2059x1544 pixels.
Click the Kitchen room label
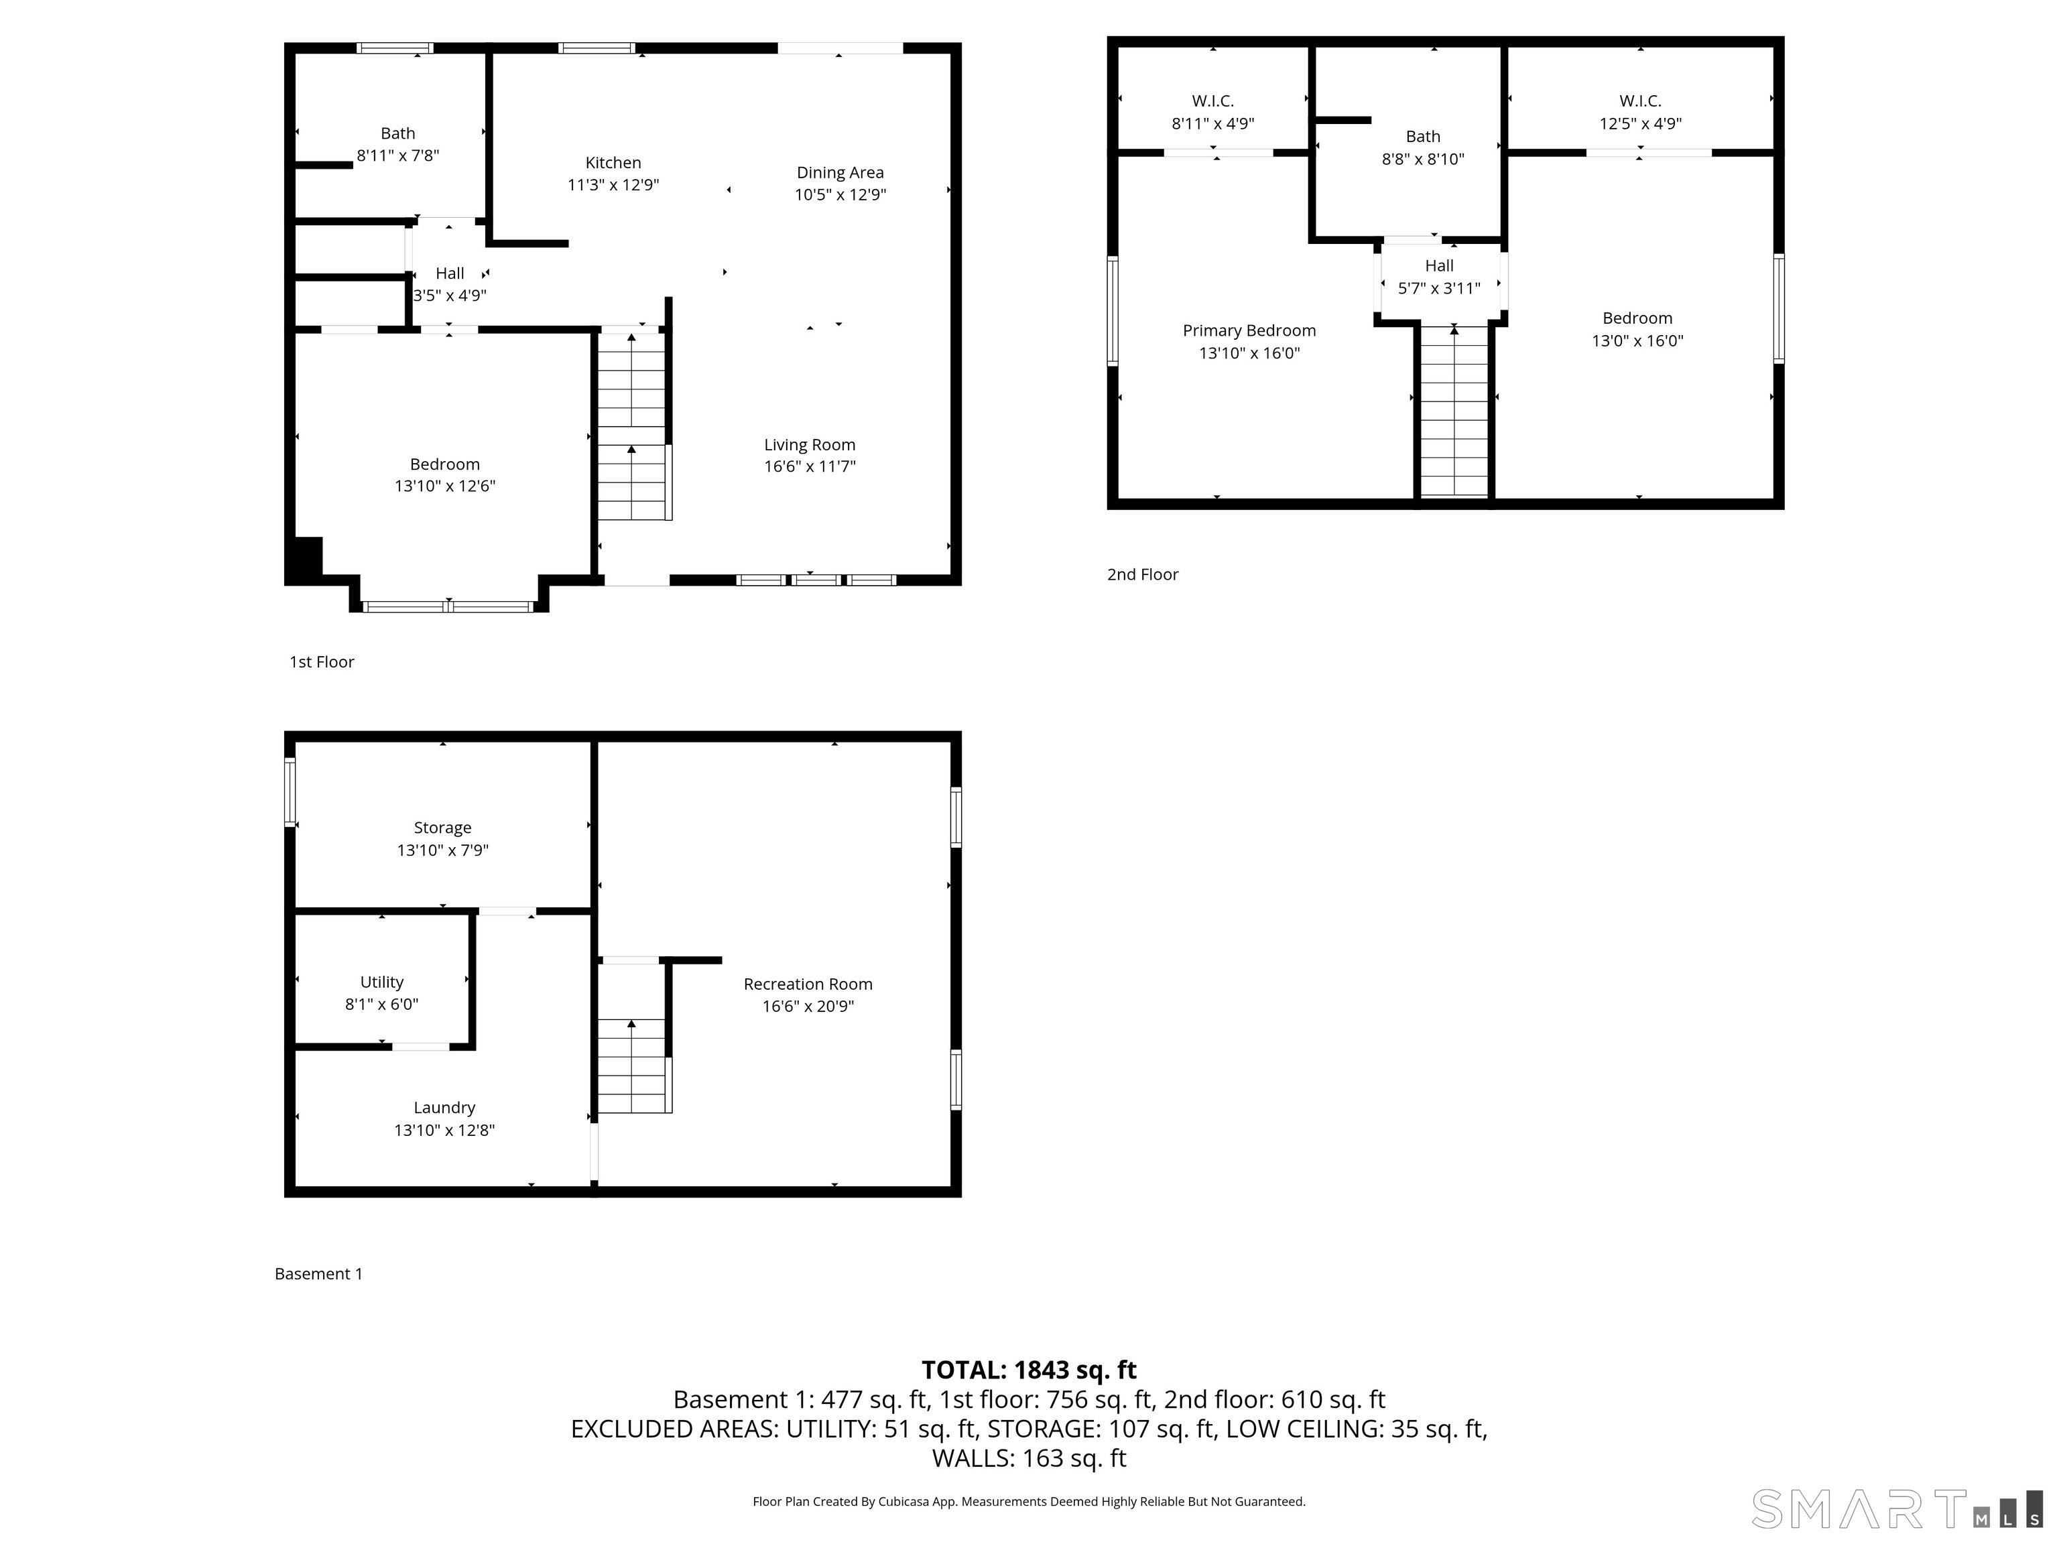613,163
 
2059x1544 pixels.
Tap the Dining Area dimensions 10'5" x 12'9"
840,194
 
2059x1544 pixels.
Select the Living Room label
809,445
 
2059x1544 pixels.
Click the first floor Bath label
397,134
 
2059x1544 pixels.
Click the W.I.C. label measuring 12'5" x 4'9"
1639,101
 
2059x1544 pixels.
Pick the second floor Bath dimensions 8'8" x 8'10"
1422,159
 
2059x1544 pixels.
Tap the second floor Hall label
1438,266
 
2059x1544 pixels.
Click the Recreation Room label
807,984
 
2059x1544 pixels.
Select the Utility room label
381,982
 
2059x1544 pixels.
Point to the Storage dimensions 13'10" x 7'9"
442,850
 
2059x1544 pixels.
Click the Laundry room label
444,1108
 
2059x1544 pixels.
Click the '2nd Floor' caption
1142,574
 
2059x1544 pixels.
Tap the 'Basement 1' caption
318,1273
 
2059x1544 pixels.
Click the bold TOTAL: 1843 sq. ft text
1029,1370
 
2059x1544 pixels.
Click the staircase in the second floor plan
1454,409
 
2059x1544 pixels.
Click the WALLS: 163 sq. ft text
1029,1458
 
